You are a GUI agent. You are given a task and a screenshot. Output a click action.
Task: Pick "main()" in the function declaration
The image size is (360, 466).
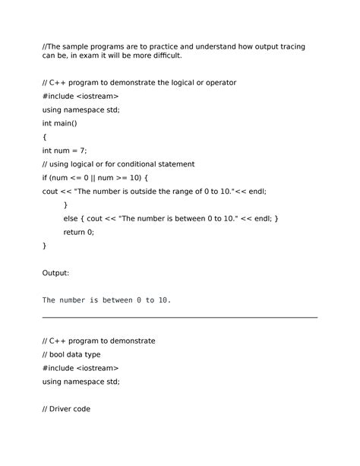point(66,122)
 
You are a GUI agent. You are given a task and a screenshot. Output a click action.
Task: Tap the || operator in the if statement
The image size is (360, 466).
point(97,178)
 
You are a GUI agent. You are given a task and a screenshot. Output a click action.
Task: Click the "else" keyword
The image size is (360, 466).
point(71,219)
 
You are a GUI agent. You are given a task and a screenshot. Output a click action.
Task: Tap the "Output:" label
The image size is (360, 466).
point(55,272)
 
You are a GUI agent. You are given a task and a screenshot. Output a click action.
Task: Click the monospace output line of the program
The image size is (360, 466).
point(106,300)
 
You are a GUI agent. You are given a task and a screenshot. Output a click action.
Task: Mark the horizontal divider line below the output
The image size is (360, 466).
point(180,317)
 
